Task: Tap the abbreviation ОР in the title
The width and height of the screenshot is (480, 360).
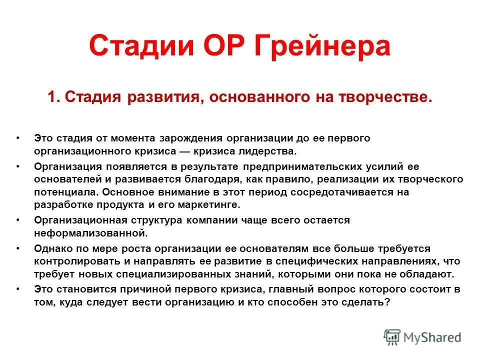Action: pos(221,46)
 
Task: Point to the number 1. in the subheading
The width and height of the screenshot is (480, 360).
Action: pos(54,96)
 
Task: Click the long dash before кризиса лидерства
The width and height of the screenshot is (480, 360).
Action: pos(187,150)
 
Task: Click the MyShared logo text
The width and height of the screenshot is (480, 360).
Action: pos(433,337)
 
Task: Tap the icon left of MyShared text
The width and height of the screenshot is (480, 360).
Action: pos(392,337)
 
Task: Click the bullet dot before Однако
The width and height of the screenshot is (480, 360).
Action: pos(18,248)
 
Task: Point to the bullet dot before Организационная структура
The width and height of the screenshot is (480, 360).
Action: pos(18,220)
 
